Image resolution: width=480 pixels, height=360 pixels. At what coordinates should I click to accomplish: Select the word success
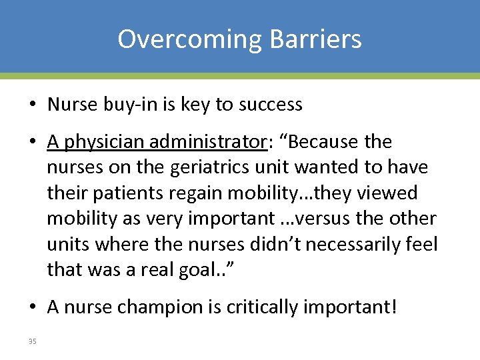(x=274, y=105)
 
